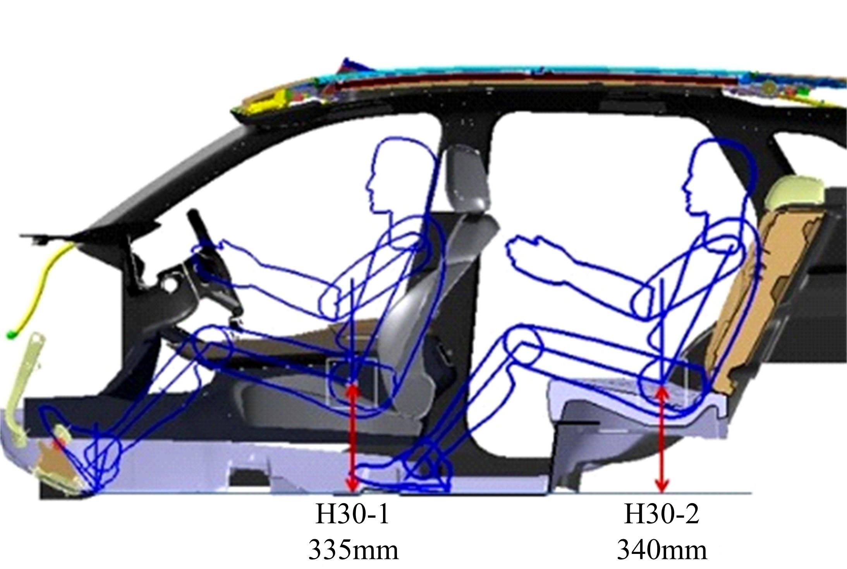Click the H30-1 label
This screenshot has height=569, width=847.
[352, 515]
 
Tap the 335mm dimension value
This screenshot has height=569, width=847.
[353, 550]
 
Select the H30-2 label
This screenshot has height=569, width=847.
[661, 515]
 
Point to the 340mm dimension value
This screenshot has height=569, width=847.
[661, 550]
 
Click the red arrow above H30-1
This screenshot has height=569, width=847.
[352, 438]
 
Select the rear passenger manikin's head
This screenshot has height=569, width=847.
[716, 178]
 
